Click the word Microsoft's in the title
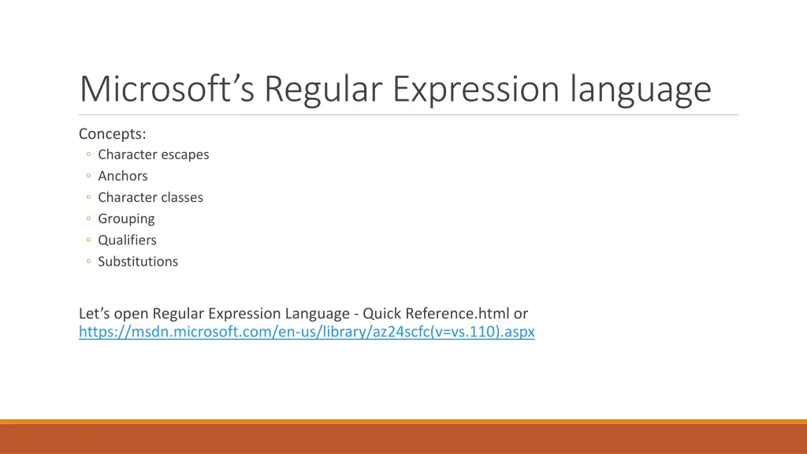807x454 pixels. pyautogui.click(x=166, y=89)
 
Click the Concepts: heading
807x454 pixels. pyautogui.click(x=113, y=134)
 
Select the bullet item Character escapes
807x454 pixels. pyautogui.click(x=153, y=154)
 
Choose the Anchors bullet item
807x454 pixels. pyautogui.click(x=122, y=176)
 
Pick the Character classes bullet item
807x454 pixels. pyautogui.click(x=150, y=197)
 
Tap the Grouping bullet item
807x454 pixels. pyautogui.click(x=126, y=218)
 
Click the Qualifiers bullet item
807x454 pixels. pyautogui.click(x=127, y=240)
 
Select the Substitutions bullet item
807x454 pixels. pyautogui.click(x=138, y=261)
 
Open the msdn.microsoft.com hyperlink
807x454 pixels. pyautogui.click(x=307, y=332)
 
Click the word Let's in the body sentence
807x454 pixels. pyautogui.click(x=95, y=314)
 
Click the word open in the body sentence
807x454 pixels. pyautogui.click(x=132, y=314)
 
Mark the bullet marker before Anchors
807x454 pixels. pyautogui.click(x=90, y=177)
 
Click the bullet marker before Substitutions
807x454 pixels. pyautogui.click(x=90, y=262)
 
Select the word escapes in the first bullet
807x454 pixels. pyautogui.click(x=184, y=154)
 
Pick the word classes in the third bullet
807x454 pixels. pyautogui.click(x=182, y=197)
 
